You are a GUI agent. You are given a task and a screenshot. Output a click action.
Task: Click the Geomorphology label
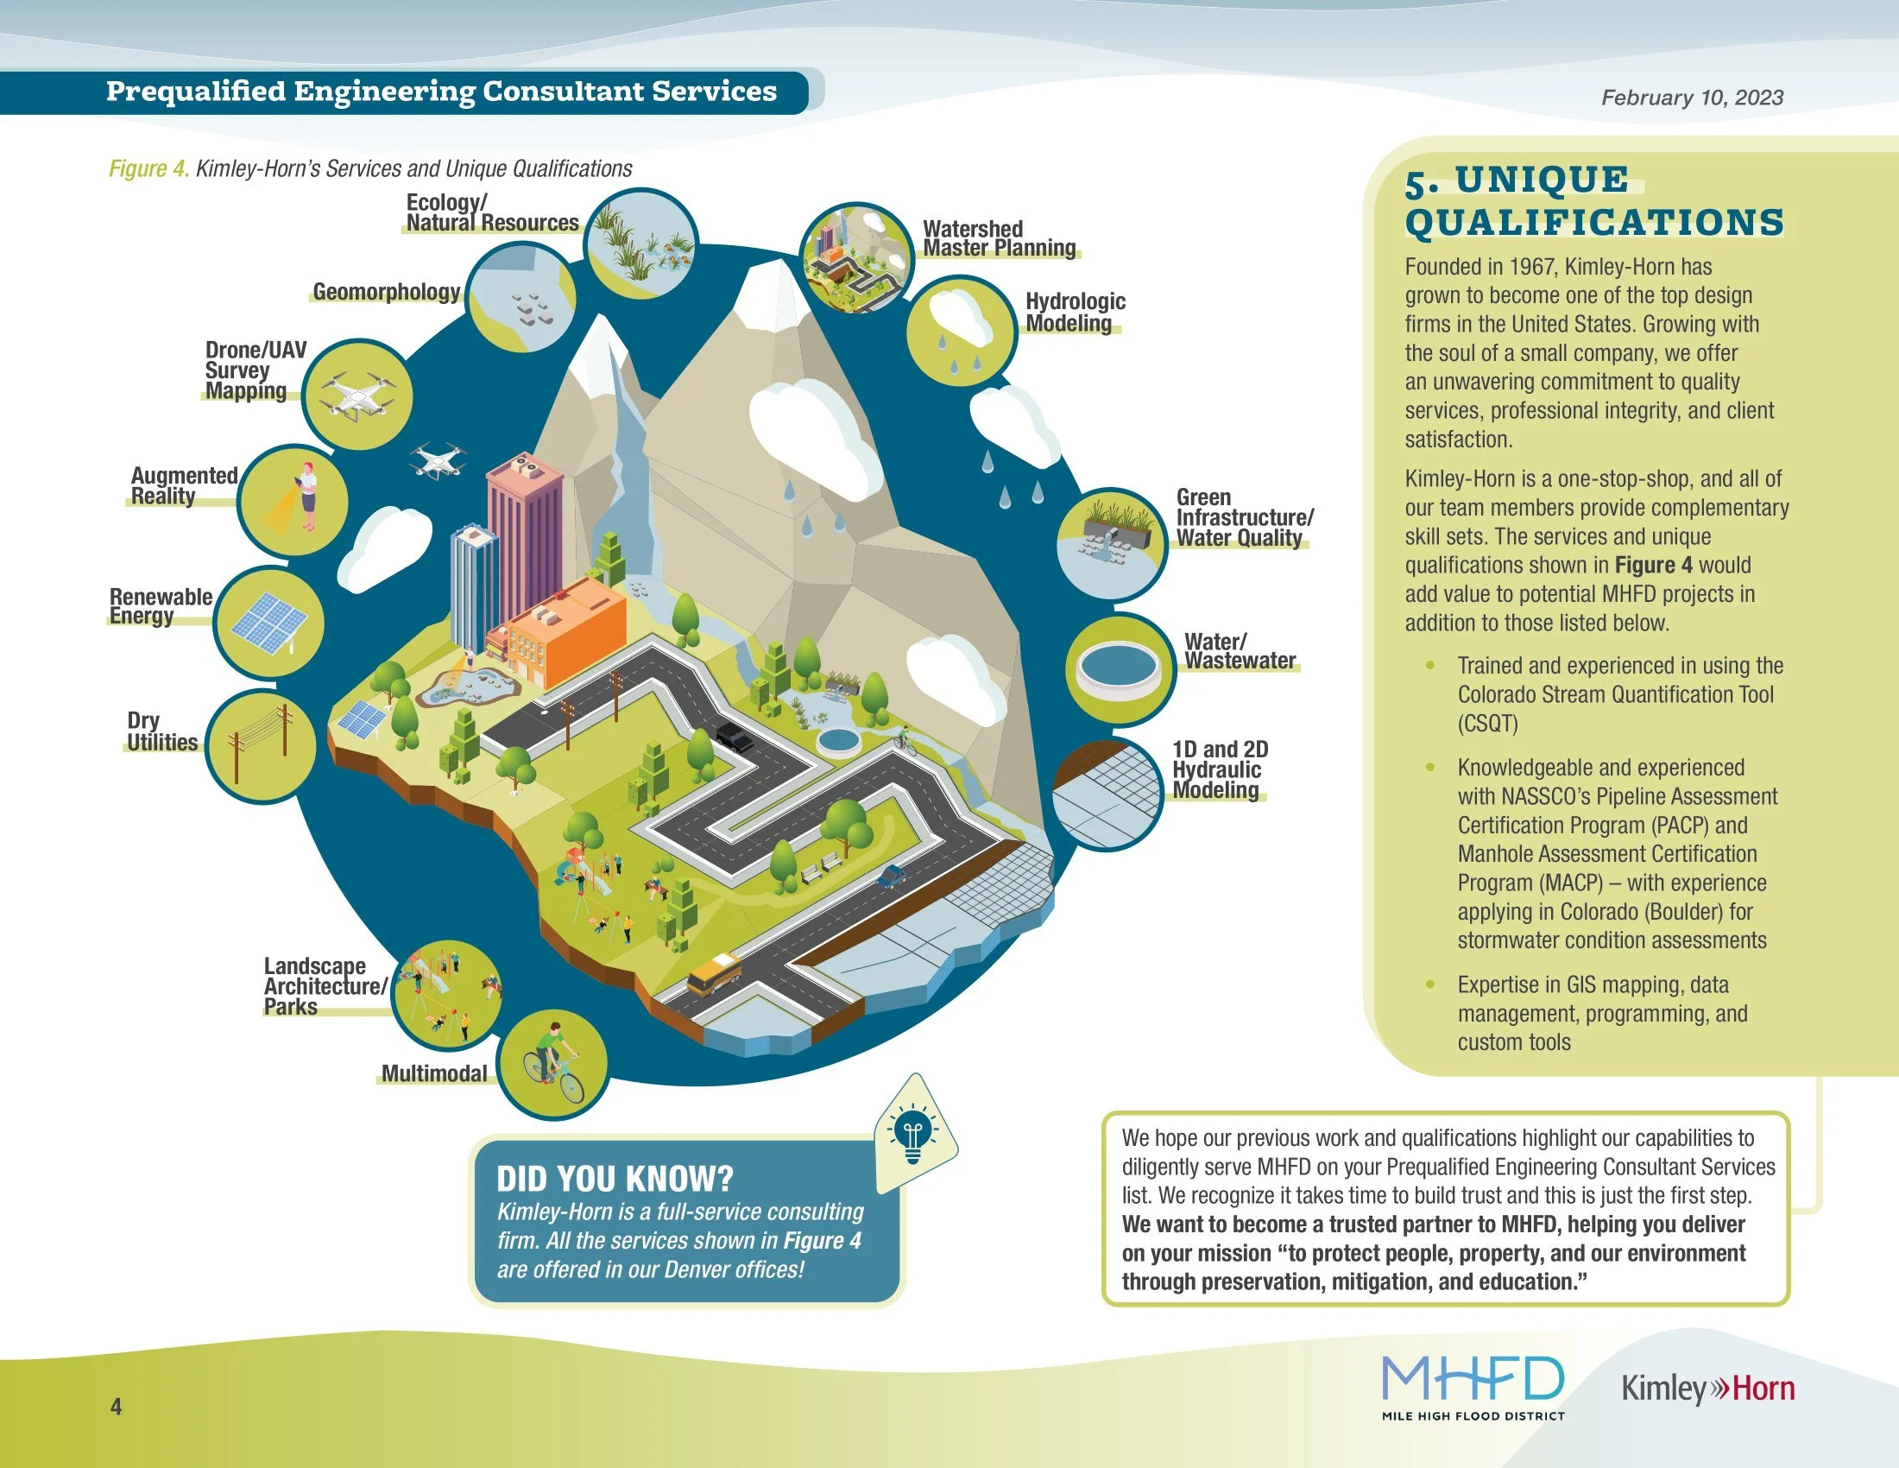click(386, 291)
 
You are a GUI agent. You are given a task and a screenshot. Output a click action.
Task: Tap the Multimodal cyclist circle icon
click(554, 1065)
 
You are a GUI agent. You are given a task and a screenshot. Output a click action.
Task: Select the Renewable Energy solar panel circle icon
click(268, 623)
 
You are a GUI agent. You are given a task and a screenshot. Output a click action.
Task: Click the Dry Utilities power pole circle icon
click(261, 746)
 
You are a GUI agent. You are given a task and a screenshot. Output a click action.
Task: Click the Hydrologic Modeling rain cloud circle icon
click(961, 331)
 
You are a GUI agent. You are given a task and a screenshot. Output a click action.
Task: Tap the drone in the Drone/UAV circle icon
click(356, 396)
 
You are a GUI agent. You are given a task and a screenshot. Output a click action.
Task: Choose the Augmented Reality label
click(184, 485)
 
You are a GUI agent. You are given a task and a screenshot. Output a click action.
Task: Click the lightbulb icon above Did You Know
click(913, 1134)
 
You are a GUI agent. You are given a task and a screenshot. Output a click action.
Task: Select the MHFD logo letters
click(1472, 1379)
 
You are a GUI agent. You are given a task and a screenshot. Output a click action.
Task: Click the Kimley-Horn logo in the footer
click(1707, 1389)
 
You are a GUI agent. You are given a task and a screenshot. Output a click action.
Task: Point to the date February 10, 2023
click(1691, 98)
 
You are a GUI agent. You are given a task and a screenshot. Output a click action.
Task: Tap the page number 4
click(117, 1406)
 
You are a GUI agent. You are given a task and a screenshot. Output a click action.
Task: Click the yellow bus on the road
click(714, 973)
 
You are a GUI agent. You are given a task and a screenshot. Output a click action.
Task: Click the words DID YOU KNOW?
click(615, 1179)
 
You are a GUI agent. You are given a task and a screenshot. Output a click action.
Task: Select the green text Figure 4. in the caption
click(148, 168)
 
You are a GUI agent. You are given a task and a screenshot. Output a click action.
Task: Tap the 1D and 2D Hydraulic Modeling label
click(1219, 769)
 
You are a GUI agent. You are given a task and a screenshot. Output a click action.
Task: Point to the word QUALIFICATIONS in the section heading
click(1593, 222)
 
